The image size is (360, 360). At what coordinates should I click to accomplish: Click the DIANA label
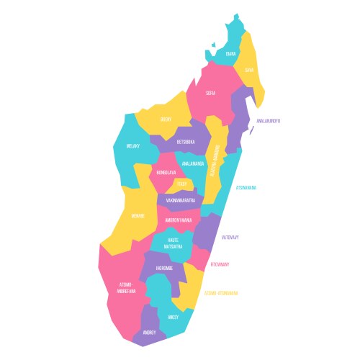tap(230, 54)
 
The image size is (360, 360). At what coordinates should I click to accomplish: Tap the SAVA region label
tap(249, 70)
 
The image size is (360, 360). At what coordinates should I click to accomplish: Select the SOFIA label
tap(210, 93)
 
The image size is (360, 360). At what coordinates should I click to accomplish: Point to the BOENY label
tap(166, 120)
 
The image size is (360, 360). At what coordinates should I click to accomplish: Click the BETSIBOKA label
tap(185, 142)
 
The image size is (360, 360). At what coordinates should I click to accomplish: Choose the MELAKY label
tap(132, 146)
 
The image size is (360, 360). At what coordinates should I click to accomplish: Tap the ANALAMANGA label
tap(193, 164)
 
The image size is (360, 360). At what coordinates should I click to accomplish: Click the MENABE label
tap(138, 215)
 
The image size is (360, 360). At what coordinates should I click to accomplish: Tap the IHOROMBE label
tap(164, 268)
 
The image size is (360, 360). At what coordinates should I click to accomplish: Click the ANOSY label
tap(174, 317)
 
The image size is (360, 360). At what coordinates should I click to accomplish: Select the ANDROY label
tap(149, 333)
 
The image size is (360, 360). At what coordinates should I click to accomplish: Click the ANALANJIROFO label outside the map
tap(268, 120)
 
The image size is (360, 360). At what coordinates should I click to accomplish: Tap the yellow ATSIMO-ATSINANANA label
tap(222, 293)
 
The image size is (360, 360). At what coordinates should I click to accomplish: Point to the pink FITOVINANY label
tap(220, 264)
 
